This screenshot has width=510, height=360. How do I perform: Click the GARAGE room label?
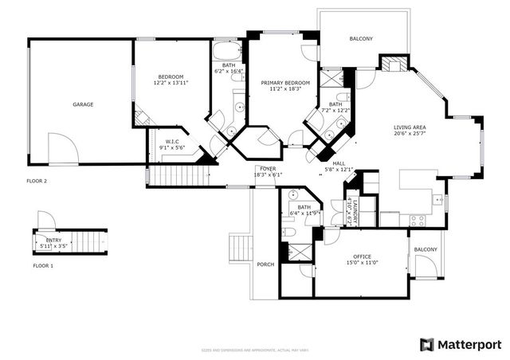coord(83,104)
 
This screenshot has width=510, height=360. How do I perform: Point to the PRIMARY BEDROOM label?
coord(285,86)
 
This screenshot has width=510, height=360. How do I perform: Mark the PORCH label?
coord(265,264)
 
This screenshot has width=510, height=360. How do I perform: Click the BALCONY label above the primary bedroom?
coord(361,39)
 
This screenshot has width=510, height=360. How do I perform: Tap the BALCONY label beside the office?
coord(426,249)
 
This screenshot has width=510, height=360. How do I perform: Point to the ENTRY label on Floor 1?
coord(53,241)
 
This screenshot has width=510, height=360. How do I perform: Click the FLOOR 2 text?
coord(37,181)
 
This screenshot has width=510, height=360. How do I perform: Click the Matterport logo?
coord(460,344)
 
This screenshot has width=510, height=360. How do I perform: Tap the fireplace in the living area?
coord(391,65)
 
